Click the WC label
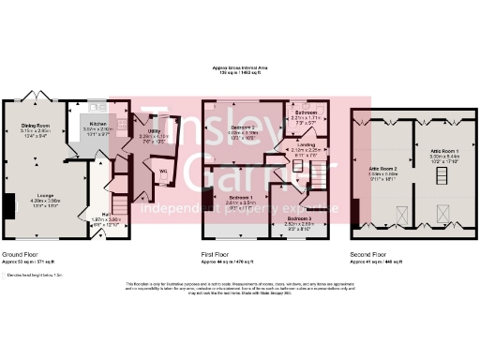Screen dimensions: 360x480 pos(163,172)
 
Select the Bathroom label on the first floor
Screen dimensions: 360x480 pos(306,112)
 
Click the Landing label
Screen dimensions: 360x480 pos(306,144)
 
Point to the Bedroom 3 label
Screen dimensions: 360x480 pos(300,217)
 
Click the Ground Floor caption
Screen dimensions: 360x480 pos(21,254)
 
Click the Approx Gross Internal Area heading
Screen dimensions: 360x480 pos(240,68)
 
